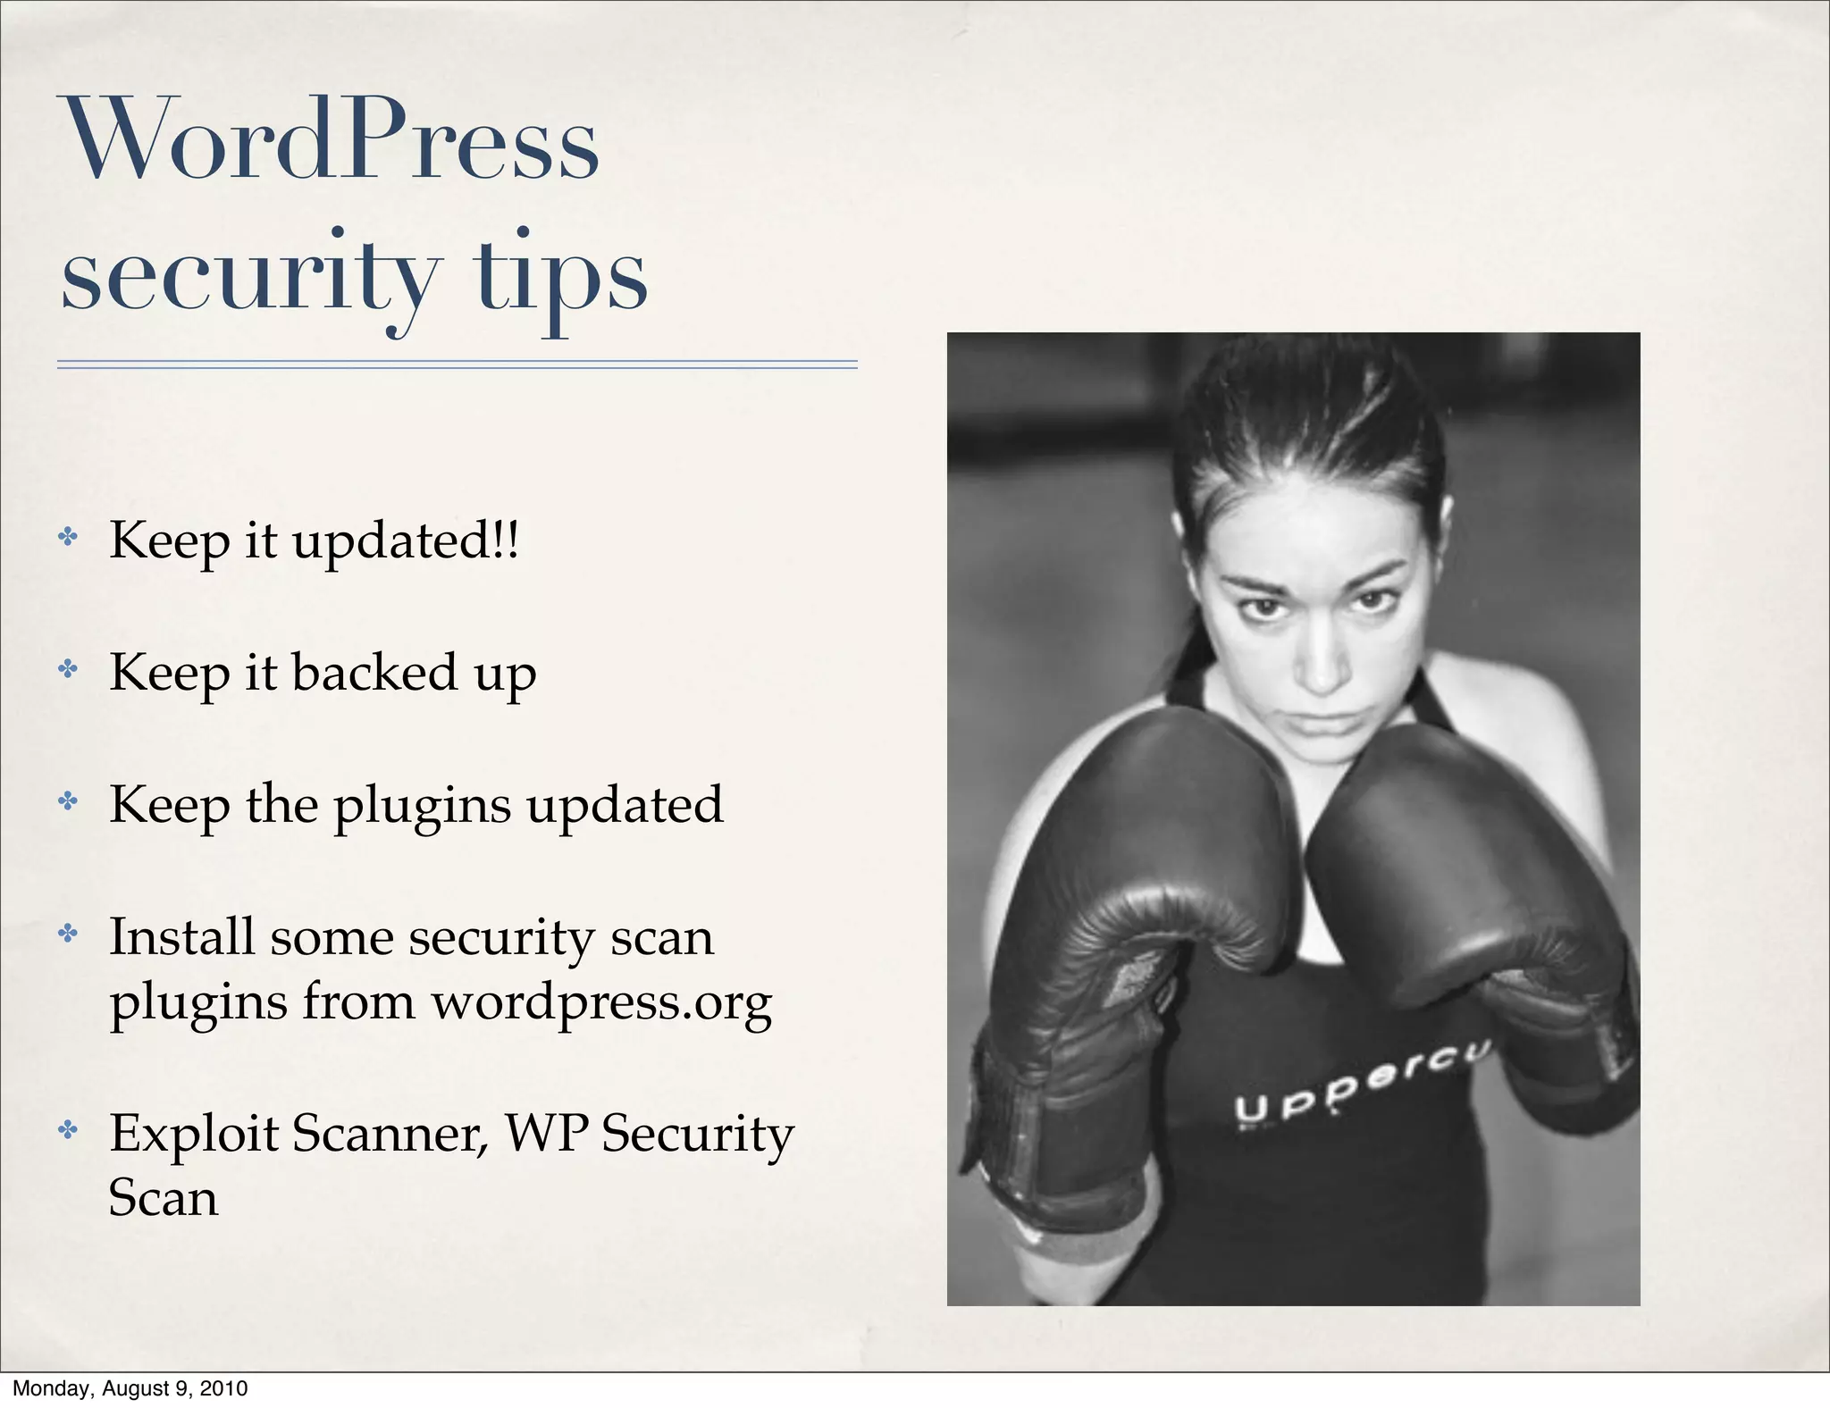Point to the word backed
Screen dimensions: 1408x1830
(374, 672)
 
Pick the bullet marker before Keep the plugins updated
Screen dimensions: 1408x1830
(68, 800)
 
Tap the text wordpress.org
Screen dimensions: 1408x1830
(601, 1002)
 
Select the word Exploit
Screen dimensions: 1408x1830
(194, 1134)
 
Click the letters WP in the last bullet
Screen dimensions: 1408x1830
(547, 1134)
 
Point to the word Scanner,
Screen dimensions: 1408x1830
(390, 1134)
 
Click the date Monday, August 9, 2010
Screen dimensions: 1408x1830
(130, 1388)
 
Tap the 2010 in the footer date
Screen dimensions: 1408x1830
(223, 1388)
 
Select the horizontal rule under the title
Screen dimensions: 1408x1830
(457, 365)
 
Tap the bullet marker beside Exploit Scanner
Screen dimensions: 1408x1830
(68, 1130)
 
